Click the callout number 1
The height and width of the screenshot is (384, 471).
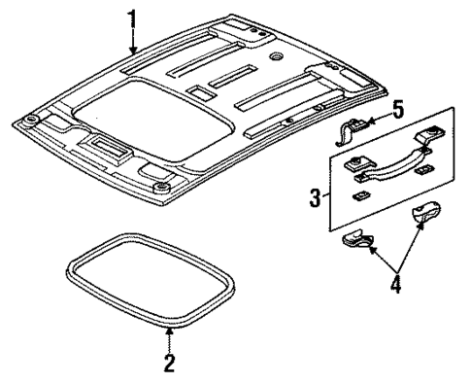click(134, 18)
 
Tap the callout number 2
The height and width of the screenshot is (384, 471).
click(169, 366)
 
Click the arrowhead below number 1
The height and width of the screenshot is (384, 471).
click(134, 49)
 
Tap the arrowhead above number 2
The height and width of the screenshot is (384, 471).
click(169, 332)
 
